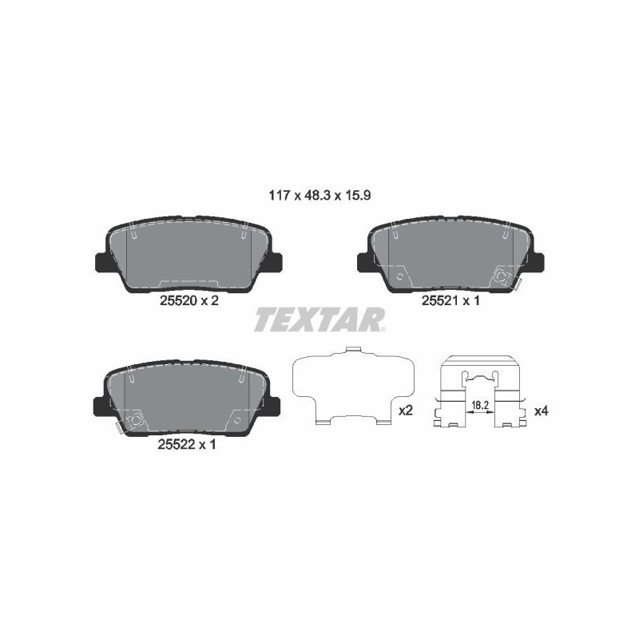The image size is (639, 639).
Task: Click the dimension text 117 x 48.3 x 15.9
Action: (x=319, y=196)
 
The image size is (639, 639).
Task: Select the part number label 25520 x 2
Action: (x=189, y=301)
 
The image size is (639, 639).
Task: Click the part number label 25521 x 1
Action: (x=450, y=301)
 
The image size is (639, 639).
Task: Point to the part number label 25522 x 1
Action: (x=187, y=444)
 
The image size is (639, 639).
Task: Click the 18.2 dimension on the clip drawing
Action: (x=480, y=405)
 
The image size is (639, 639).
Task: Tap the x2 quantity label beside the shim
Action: (x=406, y=411)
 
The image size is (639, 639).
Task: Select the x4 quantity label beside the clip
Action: (x=542, y=411)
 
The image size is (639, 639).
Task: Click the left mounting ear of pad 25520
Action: (x=101, y=262)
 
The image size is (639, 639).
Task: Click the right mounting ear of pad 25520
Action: (x=276, y=262)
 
